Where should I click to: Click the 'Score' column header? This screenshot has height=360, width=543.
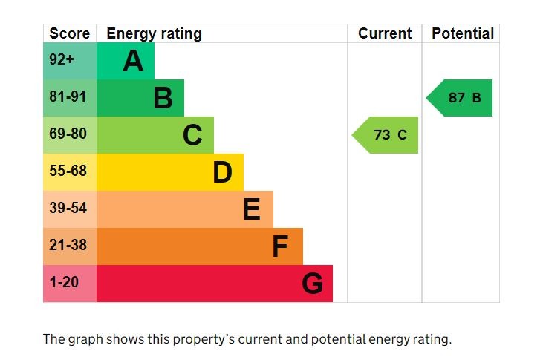[x=69, y=33]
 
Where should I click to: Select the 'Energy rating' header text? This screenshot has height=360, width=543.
[x=154, y=33]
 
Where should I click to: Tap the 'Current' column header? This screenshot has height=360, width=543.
[x=384, y=33]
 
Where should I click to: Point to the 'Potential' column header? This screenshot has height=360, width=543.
[x=462, y=33]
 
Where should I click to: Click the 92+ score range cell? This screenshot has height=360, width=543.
[x=62, y=60]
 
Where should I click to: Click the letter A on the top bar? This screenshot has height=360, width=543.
[x=133, y=61]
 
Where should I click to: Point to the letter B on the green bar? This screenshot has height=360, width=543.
[x=163, y=98]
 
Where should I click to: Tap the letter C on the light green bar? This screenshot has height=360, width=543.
[x=192, y=135]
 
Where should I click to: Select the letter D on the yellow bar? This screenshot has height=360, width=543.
[x=222, y=172]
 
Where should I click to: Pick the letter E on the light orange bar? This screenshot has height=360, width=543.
[x=251, y=209]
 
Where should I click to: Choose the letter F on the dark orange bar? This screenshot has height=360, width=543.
[x=280, y=246]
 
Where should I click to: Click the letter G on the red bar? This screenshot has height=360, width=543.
[x=312, y=284]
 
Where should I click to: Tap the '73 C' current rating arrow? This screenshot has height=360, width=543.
[x=386, y=135]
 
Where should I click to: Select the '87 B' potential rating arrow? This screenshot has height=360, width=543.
[x=461, y=98]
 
